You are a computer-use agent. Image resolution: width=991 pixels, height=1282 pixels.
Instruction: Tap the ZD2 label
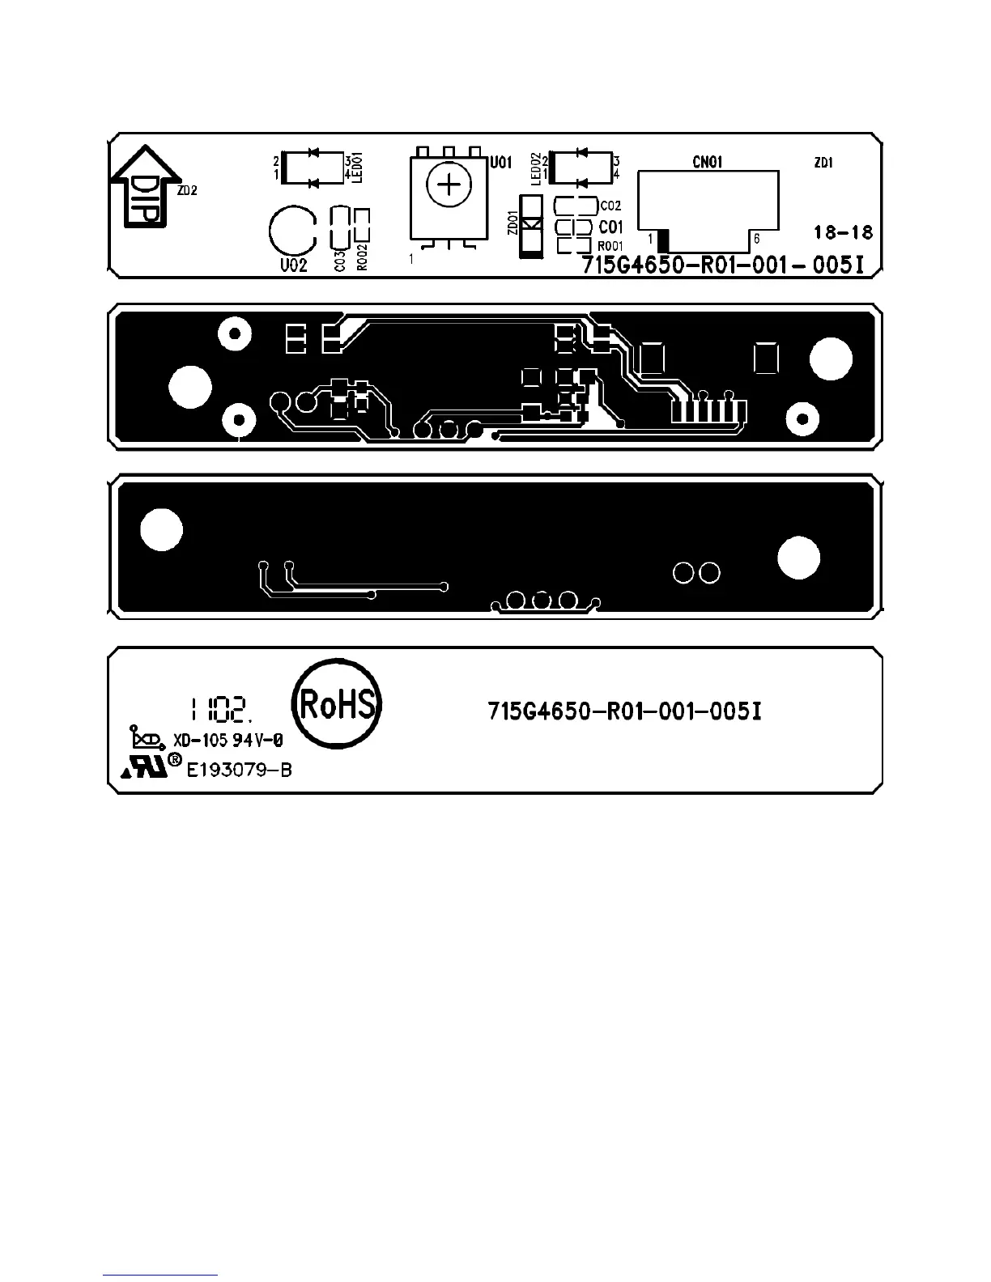click(187, 192)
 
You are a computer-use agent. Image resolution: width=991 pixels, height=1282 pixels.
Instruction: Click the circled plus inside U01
click(448, 187)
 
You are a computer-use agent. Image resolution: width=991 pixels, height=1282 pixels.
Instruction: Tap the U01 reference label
click(501, 163)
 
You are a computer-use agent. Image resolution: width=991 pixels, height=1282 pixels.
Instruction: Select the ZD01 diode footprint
click(530, 227)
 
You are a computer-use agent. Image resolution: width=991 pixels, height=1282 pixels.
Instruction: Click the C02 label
click(610, 206)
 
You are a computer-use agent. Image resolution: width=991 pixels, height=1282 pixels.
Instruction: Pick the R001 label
click(610, 246)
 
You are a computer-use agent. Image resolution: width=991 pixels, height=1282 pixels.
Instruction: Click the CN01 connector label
click(707, 163)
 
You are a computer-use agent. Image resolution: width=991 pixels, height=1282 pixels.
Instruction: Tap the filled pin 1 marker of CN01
click(663, 240)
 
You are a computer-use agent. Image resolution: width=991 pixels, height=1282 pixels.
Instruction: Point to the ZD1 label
click(823, 163)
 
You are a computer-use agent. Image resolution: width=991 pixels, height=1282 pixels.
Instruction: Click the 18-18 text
click(843, 232)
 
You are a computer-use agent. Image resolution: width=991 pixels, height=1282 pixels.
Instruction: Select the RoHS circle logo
click(337, 704)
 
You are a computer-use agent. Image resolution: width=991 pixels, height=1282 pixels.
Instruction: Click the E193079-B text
click(239, 770)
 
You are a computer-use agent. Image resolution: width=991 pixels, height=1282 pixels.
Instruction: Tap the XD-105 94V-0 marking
click(228, 741)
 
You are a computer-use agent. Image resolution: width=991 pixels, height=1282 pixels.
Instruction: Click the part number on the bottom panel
click(624, 711)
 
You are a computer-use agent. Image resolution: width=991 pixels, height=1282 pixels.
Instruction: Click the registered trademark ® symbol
click(174, 760)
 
